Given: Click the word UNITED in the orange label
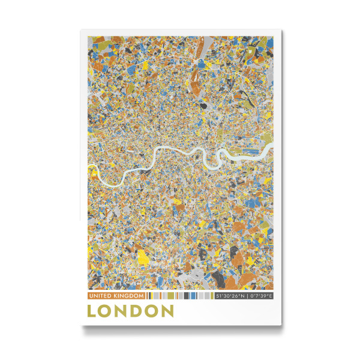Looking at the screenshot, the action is (x=100, y=296).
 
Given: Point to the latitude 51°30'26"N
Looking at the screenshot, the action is (x=230, y=296).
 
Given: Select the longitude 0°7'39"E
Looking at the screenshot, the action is (x=260, y=296).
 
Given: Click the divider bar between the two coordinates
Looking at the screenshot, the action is (x=245, y=296).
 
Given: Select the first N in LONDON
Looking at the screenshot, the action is (x=121, y=311).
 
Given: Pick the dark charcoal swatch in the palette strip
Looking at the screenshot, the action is (x=185, y=296).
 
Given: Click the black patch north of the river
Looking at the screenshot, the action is (x=204, y=104).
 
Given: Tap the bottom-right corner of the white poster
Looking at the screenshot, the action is (x=280, y=326).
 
